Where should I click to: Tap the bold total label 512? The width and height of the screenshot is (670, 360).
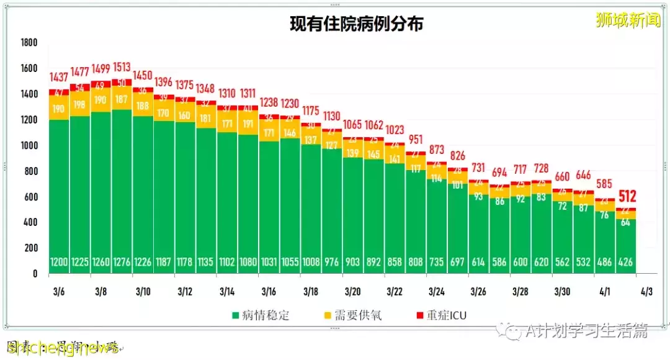628,197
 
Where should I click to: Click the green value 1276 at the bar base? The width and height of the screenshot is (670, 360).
122,263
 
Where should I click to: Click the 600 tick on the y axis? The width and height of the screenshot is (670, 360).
30,197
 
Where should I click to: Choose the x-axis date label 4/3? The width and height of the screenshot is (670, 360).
646,291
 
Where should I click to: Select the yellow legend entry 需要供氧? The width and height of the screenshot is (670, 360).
359,315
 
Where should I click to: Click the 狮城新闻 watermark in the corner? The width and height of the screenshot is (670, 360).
628,20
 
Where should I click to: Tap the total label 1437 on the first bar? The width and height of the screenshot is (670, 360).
60,78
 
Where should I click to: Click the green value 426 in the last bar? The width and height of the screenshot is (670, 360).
625,263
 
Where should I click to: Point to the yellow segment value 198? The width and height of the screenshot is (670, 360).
80,104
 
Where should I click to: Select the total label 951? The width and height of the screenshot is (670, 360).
416,139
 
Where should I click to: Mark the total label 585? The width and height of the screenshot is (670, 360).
605,184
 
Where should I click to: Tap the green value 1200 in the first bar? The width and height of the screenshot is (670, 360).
60,263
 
